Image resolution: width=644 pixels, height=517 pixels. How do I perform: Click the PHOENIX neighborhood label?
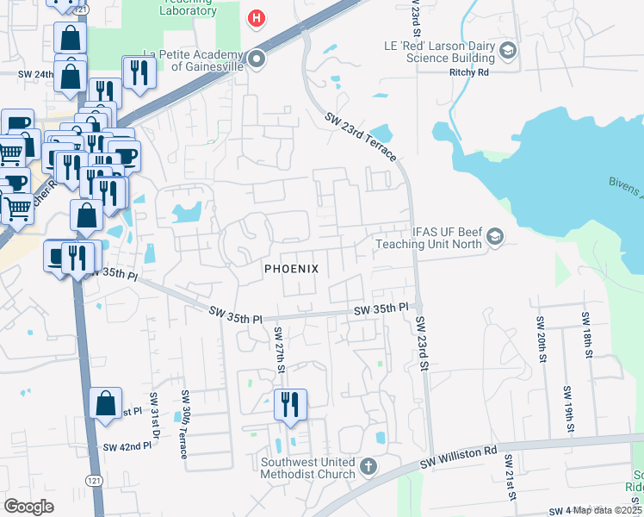click(x=291, y=269)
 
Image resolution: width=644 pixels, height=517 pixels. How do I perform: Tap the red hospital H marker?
click(x=256, y=17)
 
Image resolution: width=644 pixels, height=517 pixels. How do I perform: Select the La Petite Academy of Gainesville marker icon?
click(x=257, y=59)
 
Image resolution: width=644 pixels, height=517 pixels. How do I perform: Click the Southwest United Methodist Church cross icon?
click(x=368, y=467)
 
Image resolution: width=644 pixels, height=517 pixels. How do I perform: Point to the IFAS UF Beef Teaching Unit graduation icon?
click(x=495, y=236)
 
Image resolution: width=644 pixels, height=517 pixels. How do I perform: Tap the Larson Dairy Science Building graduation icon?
click(x=507, y=51)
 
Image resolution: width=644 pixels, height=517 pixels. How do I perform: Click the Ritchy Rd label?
click(x=469, y=73)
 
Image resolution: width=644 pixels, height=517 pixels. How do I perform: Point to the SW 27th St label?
click(x=279, y=349)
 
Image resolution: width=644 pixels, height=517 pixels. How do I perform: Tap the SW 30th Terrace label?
click(x=184, y=424)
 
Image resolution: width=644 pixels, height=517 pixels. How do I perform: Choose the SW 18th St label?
click(x=586, y=333)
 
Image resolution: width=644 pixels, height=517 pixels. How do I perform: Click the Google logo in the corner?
click(x=29, y=506)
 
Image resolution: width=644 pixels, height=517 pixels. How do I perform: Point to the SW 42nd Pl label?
click(x=121, y=447)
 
